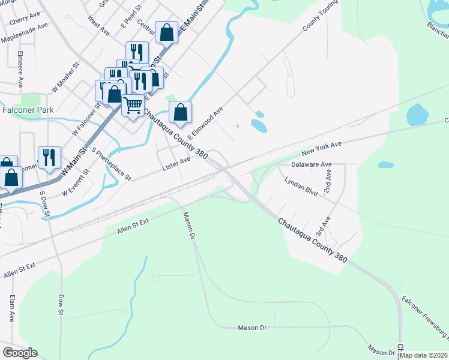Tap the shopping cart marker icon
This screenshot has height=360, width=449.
133,106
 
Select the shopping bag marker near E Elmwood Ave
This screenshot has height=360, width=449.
180,112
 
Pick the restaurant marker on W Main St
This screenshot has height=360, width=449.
49,158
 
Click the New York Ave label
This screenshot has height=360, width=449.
321,147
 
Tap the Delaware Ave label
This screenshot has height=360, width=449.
311,164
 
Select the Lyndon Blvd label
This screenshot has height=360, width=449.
301,183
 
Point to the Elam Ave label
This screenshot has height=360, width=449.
12,308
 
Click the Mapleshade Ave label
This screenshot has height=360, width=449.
24,34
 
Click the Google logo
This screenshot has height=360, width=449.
20,353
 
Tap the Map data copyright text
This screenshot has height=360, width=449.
424,355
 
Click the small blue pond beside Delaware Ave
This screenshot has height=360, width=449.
385,164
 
